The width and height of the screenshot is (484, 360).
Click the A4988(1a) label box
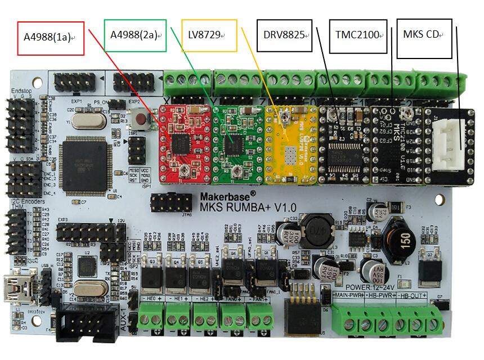click(51, 38)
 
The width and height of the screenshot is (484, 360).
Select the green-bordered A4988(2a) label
click(135, 35)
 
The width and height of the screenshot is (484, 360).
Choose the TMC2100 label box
click(358, 35)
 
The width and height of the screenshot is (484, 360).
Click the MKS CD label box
click(424, 35)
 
